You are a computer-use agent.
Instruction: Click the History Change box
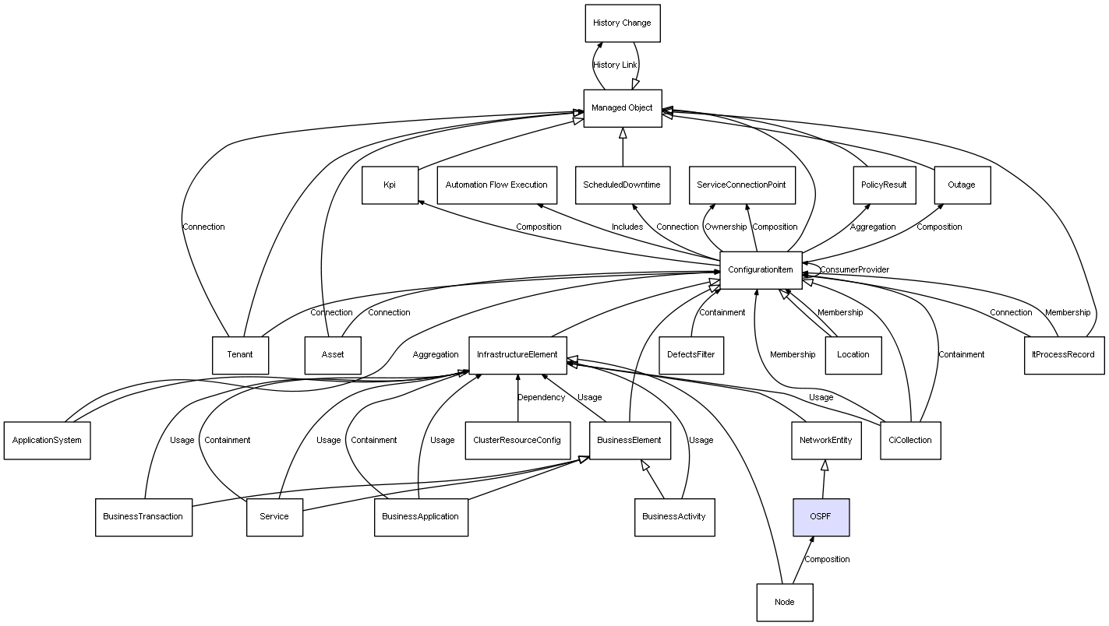pyautogui.click(x=622, y=23)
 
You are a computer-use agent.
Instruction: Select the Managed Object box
pyautogui.click(x=622, y=108)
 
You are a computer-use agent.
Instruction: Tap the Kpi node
pyautogui.click(x=390, y=185)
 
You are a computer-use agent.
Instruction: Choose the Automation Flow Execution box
pyautogui.click(x=496, y=185)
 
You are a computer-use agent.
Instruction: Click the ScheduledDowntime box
pyautogui.click(x=622, y=185)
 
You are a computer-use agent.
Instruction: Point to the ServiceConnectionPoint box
pyautogui.click(x=742, y=185)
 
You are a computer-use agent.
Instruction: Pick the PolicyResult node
pyautogui.click(x=884, y=185)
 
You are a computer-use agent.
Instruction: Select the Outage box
pyautogui.click(x=961, y=185)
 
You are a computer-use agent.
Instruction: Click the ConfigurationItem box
pyautogui.click(x=760, y=270)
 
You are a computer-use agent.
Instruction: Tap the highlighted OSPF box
pyautogui.click(x=821, y=518)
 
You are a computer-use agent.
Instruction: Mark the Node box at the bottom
pyautogui.click(x=784, y=602)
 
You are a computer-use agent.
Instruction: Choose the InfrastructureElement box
pyautogui.click(x=517, y=355)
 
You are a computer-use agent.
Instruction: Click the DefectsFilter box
pyautogui.click(x=691, y=355)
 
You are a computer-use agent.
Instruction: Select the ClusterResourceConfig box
pyautogui.click(x=517, y=440)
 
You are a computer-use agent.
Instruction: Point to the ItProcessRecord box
pyautogui.click(x=1064, y=355)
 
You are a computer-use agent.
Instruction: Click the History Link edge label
pyautogui.click(x=615, y=65)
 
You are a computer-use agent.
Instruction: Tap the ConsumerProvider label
pyautogui.click(x=854, y=270)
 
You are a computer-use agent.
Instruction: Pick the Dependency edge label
pyautogui.click(x=542, y=398)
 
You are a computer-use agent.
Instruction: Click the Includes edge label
pyautogui.click(x=627, y=227)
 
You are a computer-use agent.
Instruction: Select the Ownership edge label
pyautogui.click(x=726, y=227)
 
